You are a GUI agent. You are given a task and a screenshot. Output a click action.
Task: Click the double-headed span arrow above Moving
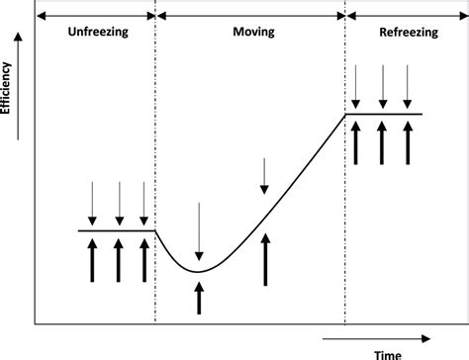point(250,15)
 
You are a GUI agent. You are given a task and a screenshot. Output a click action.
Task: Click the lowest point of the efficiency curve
point(199,271)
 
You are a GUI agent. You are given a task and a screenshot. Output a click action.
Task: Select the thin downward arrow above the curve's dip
point(199,227)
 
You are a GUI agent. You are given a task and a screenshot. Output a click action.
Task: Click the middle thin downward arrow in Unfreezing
point(119,203)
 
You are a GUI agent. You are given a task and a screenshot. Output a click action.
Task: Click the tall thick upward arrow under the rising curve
point(264,257)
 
